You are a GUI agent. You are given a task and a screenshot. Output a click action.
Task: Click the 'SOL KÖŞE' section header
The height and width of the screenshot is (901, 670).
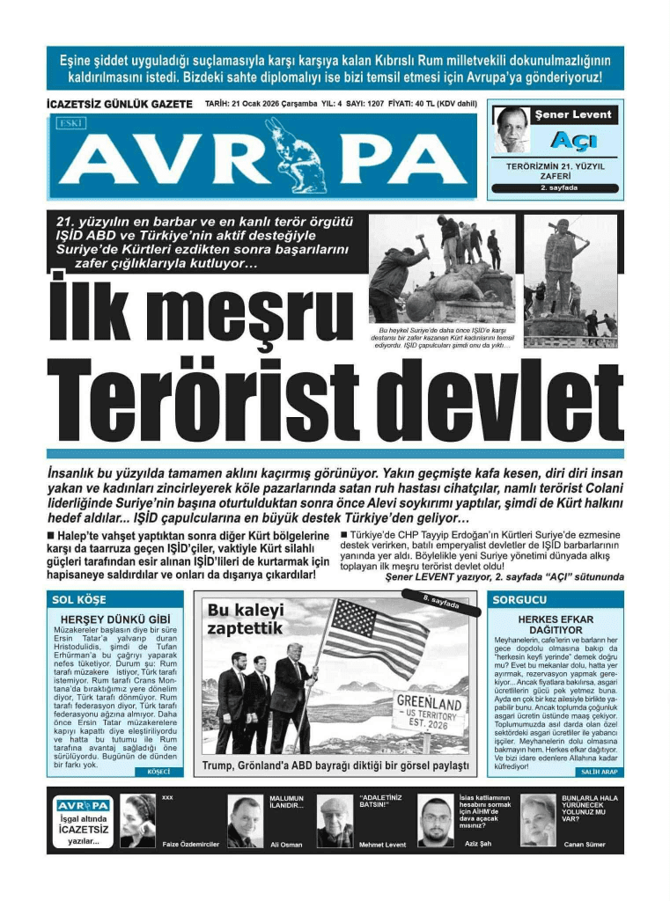pyautogui.click(x=76, y=600)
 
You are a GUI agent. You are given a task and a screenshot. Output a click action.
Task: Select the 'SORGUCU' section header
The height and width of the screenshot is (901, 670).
pyautogui.click(x=519, y=600)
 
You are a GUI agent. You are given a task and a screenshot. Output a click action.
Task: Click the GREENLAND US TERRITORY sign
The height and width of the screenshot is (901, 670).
pyautogui.click(x=429, y=715)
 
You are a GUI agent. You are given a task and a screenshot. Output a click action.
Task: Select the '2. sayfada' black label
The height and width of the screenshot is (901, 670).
pyautogui.click(x=556, y=187)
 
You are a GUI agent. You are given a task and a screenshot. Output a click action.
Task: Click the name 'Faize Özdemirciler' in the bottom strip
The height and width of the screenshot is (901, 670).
pyautogui.click(x=190, y=845)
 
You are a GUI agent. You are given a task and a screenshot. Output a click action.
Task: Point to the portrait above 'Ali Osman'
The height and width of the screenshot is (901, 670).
pyautogui.click(x=244, y=820)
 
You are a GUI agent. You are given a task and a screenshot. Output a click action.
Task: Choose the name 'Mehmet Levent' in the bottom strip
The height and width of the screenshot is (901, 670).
pyautogui.click(x=383, y=845)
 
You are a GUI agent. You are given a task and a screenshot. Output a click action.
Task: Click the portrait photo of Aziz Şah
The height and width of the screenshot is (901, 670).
pyautogui.click(x=435, y=820)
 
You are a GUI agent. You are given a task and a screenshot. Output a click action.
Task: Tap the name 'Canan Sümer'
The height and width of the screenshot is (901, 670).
pyautogui.click(x=585, y=845)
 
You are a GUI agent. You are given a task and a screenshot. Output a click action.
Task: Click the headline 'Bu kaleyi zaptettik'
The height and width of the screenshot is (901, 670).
pyautogui.click(x=246, y=619)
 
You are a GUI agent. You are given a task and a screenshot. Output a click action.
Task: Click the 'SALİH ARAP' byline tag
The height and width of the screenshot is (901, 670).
pyautogui.click(x=598, y=772)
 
